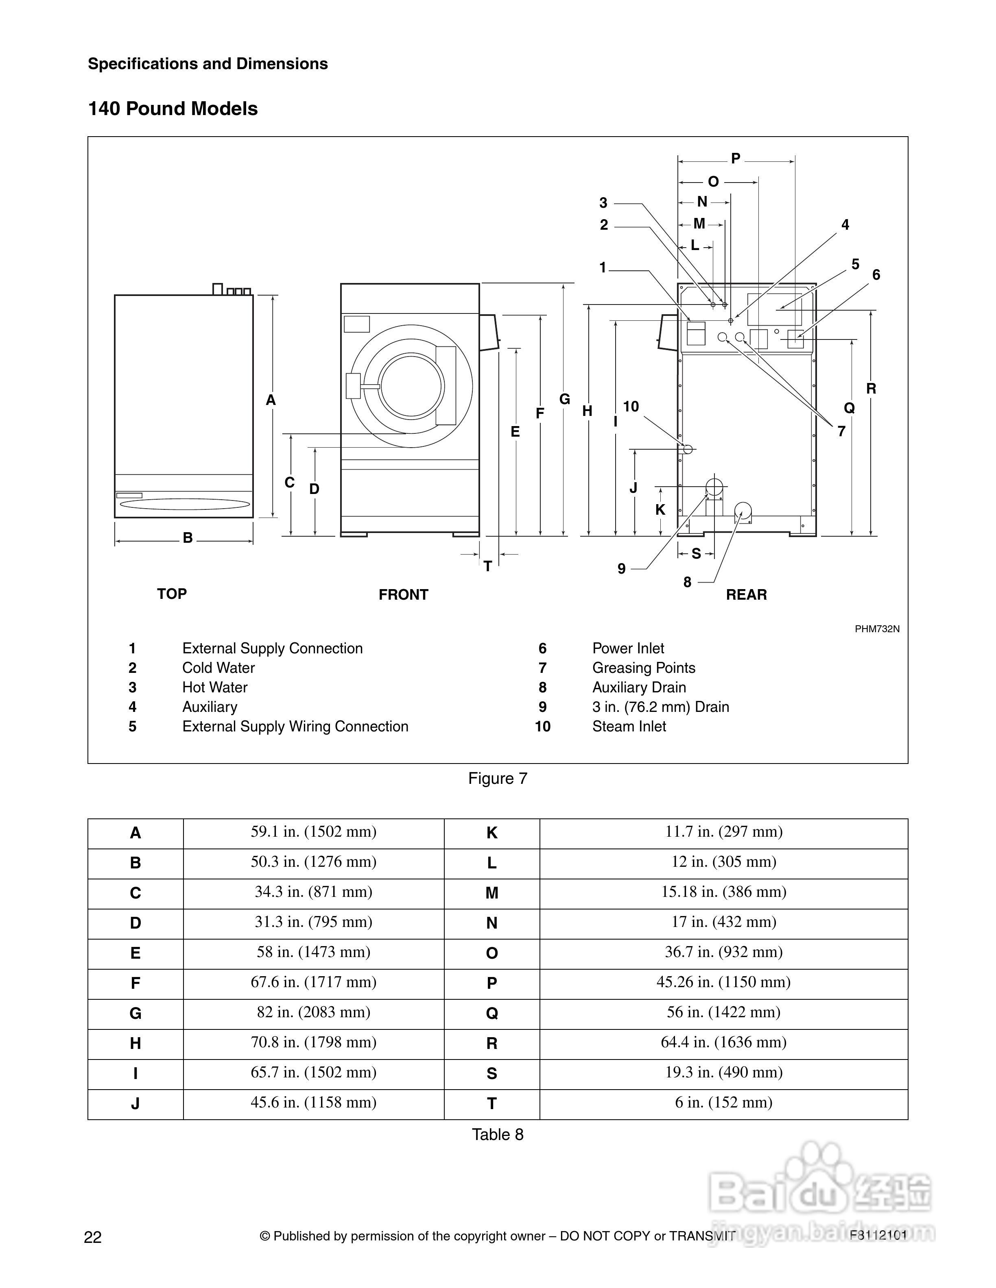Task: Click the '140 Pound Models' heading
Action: [x=173, y=109]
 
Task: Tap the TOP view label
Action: [x=172, y=594]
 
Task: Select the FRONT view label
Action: [x=404, y=595]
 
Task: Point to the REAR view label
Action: [x=747, y=595]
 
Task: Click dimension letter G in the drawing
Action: [x=565, y=399]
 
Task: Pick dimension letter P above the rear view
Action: [x=736, y=158]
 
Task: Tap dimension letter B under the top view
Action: [x=188, y=538]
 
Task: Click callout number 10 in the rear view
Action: [x=631, y=406]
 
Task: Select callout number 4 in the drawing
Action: [x=845, y=225]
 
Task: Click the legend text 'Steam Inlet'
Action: [x=629, y=727]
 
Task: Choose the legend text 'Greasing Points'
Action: [x=644, y=668]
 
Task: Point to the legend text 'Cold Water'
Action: [x=218, y=668]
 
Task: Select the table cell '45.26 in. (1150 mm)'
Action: [x=723, y=982]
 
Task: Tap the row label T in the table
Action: [x=491, y=1103]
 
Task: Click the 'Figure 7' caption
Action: [x=498, y=779]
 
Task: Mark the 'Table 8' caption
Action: [x=498, y=1135]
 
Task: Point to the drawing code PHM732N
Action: [x=877, y=629]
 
